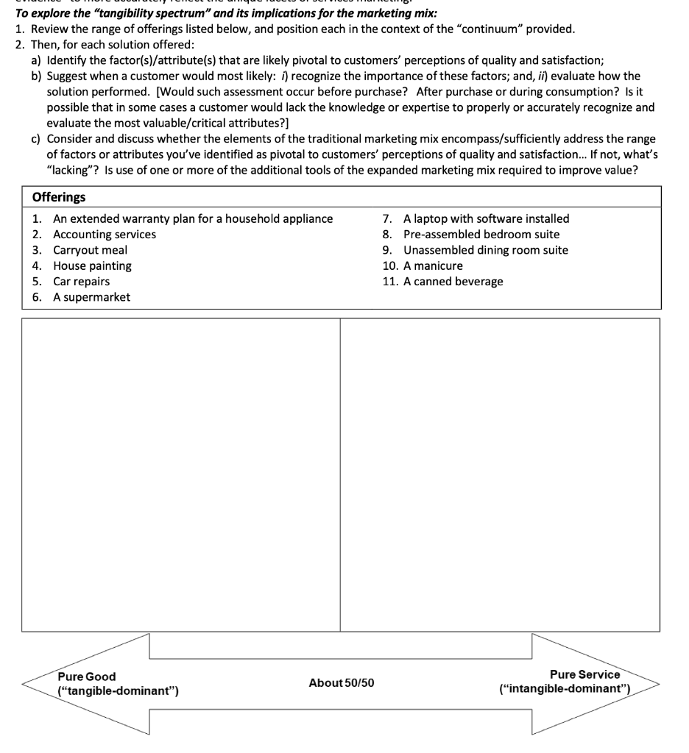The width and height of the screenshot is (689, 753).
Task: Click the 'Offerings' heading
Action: pos(59,197)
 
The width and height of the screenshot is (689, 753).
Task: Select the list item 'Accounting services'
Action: pos(104,235)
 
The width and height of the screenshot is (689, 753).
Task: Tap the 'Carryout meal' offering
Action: pos(90,250)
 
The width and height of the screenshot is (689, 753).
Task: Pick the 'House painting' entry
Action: pos(92,265)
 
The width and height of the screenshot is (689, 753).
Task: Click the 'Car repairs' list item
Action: pos(81,282)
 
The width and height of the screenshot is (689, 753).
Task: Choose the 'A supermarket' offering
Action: pos(91,297)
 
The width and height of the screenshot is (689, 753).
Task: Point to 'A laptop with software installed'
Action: pos(486,218)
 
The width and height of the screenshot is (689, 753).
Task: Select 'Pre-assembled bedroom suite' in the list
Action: pos(481,235)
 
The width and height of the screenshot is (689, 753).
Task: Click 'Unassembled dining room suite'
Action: pos(485,250)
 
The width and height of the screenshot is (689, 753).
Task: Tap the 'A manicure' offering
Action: pos(433,265)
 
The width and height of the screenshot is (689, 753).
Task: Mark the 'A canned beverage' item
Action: pos(453,282)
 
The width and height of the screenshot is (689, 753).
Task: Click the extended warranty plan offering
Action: pos(192,218)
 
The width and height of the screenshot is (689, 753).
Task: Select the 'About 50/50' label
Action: pos(342,683)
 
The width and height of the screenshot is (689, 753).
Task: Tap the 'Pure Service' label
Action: pos(584,674)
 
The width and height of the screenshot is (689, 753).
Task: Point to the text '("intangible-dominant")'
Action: pos(565,690)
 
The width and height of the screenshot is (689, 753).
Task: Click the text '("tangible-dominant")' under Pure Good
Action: pos(118,691)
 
